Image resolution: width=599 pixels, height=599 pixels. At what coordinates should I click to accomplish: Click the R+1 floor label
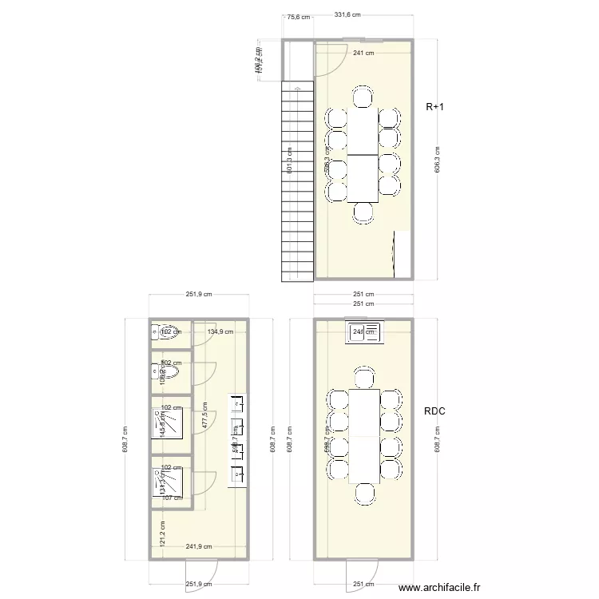pos(435,106)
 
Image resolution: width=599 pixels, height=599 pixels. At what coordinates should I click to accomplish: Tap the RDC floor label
pos(435,411)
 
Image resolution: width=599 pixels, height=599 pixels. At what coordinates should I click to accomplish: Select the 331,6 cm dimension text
pos(347,14)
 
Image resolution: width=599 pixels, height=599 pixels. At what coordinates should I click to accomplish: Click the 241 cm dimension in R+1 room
pos(364,54)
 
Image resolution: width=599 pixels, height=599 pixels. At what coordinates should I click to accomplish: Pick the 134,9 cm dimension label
pos(221,331)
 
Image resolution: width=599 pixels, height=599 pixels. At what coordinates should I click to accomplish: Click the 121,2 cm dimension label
pos(162,533)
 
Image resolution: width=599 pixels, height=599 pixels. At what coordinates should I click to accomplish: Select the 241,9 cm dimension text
pos(200,547)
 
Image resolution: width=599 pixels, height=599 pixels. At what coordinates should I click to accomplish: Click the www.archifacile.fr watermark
pos(440,589)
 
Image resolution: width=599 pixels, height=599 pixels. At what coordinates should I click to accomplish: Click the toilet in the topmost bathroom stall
pos(168,332)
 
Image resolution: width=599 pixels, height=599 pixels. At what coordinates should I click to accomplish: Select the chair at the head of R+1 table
pos(363,99)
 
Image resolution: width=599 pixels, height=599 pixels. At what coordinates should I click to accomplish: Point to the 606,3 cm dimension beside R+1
pos(436,159)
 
